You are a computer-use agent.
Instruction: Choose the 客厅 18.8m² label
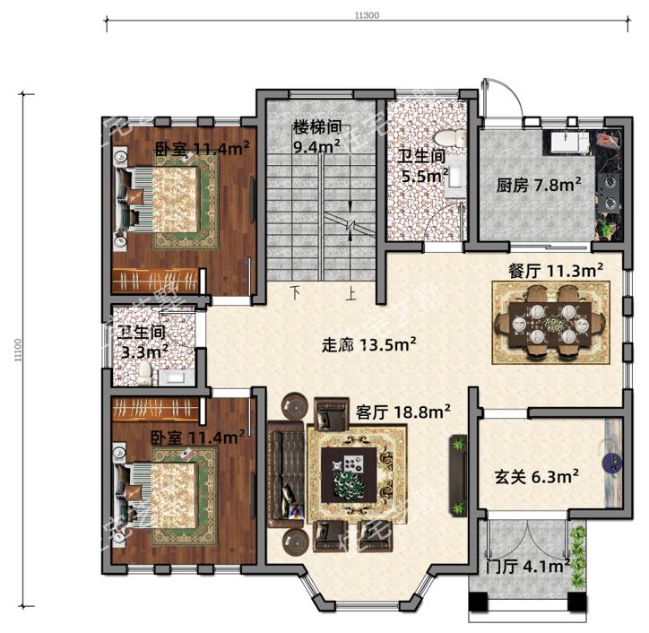[x=402, y=412]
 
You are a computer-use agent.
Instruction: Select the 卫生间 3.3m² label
[x=145, y=343]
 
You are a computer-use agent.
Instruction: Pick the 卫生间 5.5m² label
[x=423, y=165]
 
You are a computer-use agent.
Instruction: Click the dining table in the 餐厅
[x=549, y=321]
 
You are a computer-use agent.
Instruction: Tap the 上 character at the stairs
[x=352, y=292]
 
